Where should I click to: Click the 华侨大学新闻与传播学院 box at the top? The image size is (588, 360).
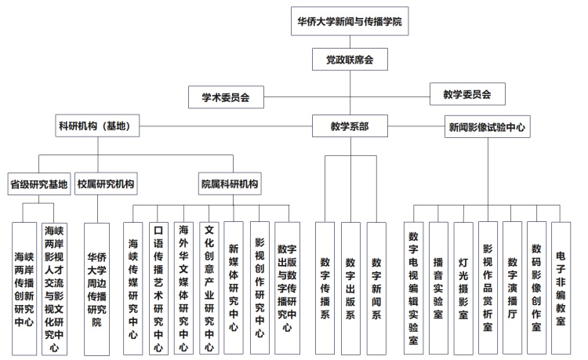[350, 21]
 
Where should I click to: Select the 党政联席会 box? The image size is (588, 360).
[350, 60]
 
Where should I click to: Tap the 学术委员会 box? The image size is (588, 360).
[226, 97]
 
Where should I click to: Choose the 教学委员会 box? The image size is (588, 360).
[467, 94]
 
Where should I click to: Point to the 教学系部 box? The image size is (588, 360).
[350, 126]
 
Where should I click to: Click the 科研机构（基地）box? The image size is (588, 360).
[97, 125]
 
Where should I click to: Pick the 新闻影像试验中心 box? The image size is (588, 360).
[488, 127]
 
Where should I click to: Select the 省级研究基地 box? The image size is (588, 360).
[39, 184]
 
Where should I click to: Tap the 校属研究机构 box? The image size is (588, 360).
[106, 184]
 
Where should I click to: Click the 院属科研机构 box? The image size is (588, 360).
[230, 184]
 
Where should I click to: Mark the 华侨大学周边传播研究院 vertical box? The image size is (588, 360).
[96, 289]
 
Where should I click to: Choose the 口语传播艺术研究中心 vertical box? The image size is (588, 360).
[158, 288]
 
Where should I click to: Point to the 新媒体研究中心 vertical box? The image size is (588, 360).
[234, 288]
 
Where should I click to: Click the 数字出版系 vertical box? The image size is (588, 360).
[350, 289]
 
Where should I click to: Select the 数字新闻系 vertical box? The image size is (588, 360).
[376, 289]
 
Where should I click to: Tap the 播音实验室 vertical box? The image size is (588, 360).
[438, 288]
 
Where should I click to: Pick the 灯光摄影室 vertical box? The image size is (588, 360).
[463, 288]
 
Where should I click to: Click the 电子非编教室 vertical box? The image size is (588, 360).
[561, 288]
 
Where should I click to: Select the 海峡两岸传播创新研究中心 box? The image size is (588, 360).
[24, 289]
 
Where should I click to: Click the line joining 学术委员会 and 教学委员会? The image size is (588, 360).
[347, 96]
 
